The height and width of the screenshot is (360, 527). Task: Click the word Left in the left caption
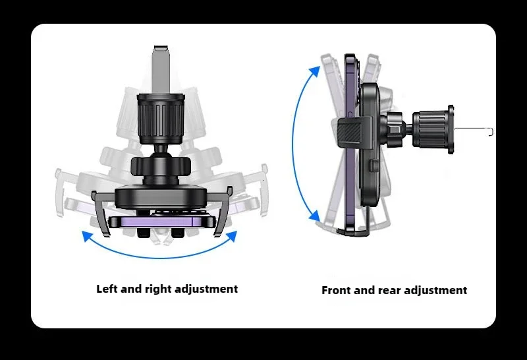[x=107, y=289]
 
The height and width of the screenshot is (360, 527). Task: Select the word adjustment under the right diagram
[x=435, y=291]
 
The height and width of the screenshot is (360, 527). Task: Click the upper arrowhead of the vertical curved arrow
[x=315, y=72]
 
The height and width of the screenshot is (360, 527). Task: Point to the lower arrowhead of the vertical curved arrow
[x=315, y=216]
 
